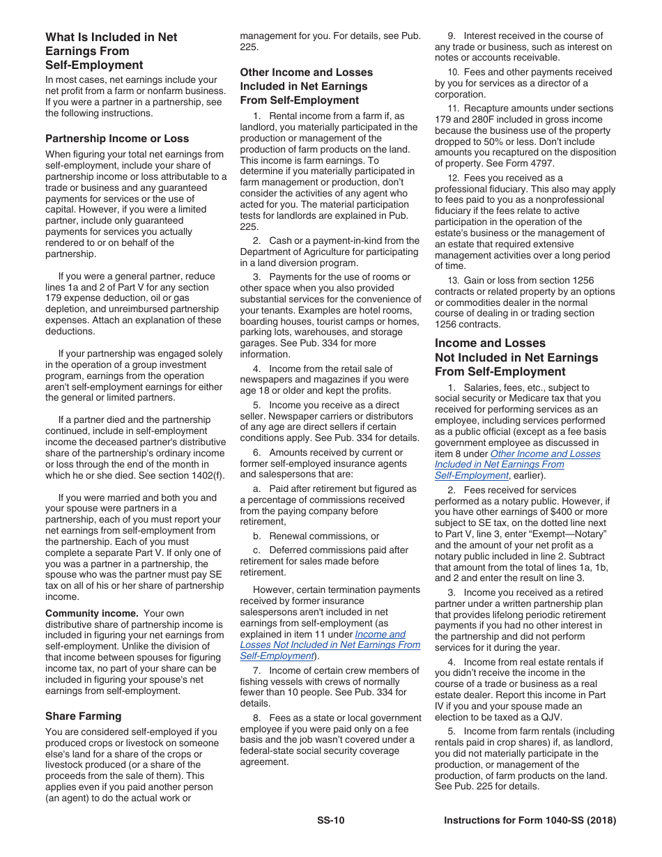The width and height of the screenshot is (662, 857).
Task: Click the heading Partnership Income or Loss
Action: click(x=116, y=139)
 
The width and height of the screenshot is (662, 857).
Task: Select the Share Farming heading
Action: click(x=83, y=716)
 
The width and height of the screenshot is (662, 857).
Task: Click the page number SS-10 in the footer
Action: click(x=330, y=820)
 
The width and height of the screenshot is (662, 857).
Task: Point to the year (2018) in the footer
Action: click(x=601, y=820)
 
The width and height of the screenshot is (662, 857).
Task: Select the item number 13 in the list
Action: click(x=453, y=281)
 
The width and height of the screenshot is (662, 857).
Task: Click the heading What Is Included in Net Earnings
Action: click(x=111, y=51)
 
